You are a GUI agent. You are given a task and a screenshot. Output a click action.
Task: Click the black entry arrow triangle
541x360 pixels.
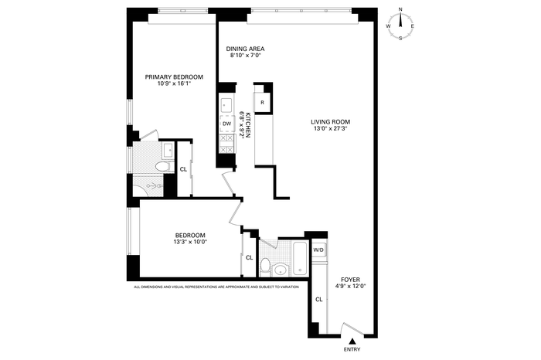pos(352,341)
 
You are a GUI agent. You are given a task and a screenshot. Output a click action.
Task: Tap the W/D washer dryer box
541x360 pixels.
pos(318,250)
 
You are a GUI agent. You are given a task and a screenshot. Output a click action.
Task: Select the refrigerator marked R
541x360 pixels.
pos(262,103)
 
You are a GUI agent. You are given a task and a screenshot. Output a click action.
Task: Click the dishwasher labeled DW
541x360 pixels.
pos(227,124)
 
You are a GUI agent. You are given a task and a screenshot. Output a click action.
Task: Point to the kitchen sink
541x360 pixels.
pos(226,105)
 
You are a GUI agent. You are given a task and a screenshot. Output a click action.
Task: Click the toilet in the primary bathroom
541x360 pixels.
pos(164,167)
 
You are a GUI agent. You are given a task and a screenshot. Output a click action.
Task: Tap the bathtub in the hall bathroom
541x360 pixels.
pos(300,258)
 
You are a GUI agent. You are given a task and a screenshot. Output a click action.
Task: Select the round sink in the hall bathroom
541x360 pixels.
pos(281,270)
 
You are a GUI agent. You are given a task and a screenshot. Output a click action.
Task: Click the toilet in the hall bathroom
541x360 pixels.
pos(265,267)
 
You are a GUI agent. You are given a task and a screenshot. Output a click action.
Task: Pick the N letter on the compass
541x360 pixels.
pos(400,9)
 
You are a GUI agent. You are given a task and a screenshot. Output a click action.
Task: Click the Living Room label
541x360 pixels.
pos(331,122)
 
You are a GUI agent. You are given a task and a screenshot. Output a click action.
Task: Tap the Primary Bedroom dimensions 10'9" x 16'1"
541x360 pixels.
pos(174,83)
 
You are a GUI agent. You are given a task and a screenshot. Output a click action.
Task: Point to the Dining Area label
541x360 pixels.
pos(245,49)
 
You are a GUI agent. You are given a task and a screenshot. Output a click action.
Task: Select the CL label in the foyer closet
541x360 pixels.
pos(319,299)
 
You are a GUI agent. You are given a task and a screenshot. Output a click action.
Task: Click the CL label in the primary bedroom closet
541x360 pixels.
pos(184,169)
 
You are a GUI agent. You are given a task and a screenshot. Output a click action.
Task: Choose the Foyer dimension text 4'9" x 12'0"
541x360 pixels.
pos(350,286)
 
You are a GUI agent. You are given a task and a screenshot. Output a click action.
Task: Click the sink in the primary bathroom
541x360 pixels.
pos(168,150)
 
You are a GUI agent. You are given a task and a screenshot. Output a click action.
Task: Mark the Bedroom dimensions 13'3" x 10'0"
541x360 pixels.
pos(190,242)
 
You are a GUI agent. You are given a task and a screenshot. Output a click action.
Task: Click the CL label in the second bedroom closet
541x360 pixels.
pos(250,257)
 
